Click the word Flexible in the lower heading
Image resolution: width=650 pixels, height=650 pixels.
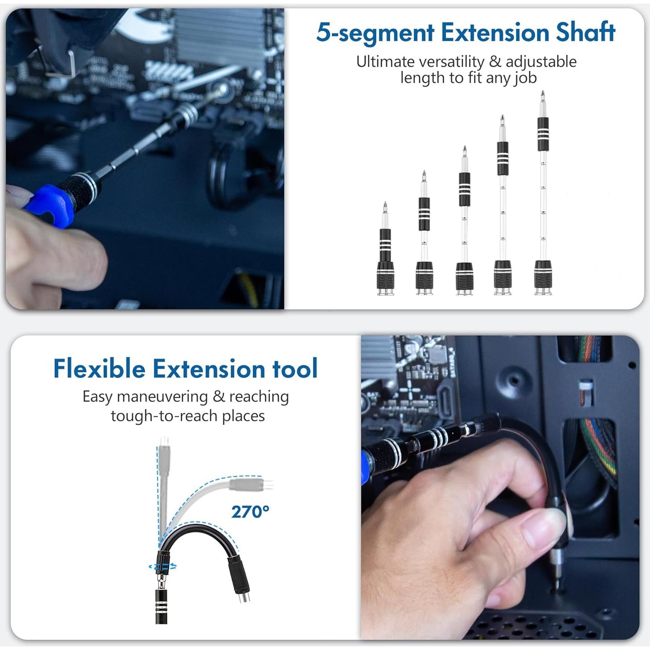[x=99, y=369]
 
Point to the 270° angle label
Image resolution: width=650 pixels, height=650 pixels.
[x=250, y=512]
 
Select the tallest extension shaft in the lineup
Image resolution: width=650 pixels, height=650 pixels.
[x=543, y=196]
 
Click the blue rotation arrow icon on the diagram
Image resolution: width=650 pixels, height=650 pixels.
[x=162, y=567]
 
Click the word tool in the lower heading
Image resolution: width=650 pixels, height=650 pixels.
[x=295, y=369]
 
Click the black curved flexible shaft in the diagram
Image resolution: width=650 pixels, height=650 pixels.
[x=196, y=531]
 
